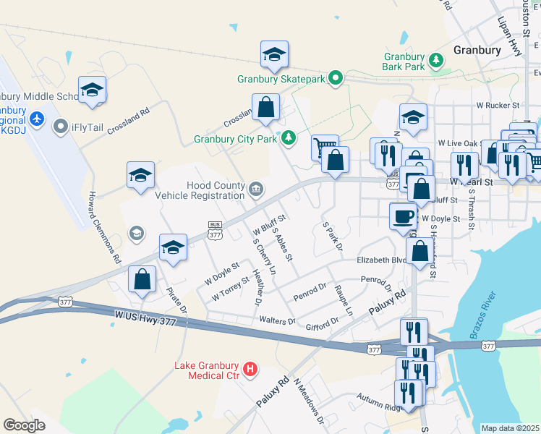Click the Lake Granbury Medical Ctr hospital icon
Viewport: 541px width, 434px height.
[x=250, y=369]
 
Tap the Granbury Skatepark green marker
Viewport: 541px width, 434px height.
[x=336, y=77]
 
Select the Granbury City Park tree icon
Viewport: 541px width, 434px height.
[x=289, y=137]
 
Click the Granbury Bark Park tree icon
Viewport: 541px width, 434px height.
[x=436, y=59]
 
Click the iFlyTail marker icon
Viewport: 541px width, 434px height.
[x=60, y=127]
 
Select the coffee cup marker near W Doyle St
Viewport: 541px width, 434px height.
[x=403, y=215]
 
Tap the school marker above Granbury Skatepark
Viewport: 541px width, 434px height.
[x=274, y=54]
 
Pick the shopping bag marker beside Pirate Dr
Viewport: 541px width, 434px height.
[x=143, y=278]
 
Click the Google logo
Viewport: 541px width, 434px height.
[x=25, y=425]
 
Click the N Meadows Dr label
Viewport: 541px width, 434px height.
[x=308, y=401]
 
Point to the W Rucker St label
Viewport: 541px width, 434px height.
[x=499, y=105]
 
